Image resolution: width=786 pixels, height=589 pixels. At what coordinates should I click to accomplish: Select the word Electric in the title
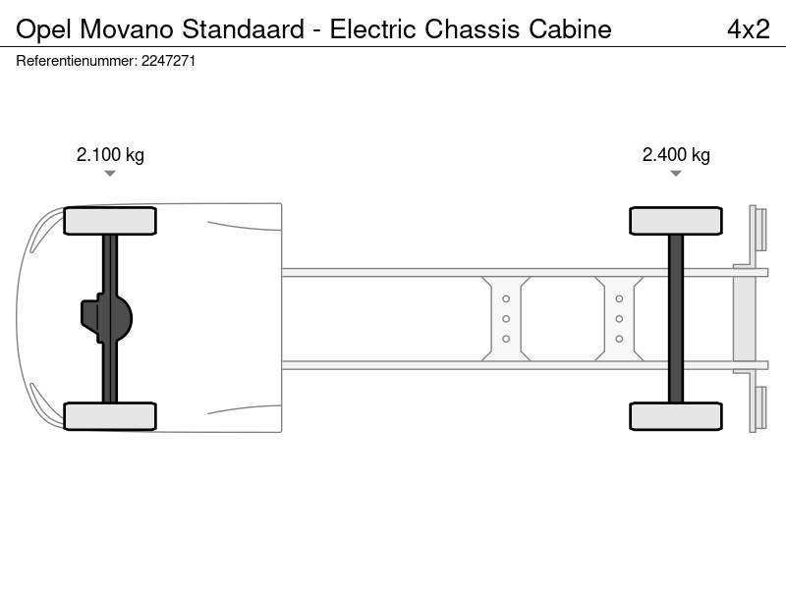pyautogui.click(x=373, y=29)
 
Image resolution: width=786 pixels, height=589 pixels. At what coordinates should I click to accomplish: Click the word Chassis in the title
pyautogui.click(x=473, y=29)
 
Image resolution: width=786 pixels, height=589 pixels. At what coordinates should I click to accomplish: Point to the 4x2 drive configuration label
pyautogui.click(x=749, y=29)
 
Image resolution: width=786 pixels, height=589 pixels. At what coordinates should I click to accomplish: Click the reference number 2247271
pyautogui.click(x=168, y=61)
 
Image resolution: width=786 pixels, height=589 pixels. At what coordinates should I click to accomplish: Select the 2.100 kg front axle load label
pyautogui.click(x=110, y=155)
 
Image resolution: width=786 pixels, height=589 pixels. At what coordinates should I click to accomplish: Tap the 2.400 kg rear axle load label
pyautogui.click(x=676, y=155)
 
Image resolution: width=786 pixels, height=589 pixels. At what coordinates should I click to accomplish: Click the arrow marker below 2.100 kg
pyautogui.click(x=110, y=174)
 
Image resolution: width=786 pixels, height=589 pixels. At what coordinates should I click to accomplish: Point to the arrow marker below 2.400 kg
pyautogui.click(x=676, y=174)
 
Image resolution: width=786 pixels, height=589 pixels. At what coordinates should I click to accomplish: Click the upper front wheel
pyautogui.click(x=110, y=221)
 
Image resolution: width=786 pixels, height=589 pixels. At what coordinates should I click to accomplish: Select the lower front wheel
pyautogui.click(x=110, y=416)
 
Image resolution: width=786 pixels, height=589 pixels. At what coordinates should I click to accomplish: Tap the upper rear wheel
pyautogui.click(x=676, y=221)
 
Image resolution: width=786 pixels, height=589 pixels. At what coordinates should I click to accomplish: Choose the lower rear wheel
pyautogui.click(x=676, y=416)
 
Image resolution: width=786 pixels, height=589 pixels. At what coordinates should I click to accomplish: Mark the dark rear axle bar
pyautogui.click(x=676, y=318)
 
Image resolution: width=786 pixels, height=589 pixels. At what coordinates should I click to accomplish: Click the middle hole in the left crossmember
pyautogui.click(x=506, y=318)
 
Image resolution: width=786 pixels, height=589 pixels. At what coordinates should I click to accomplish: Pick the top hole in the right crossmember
pyautogui.click(x=619, y=298)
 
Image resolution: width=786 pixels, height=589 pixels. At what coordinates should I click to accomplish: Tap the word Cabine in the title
pyautogui.click(x=570, y=29)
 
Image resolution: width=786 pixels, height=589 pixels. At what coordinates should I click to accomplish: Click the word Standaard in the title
pyautogui.click(x=243, y=29)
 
